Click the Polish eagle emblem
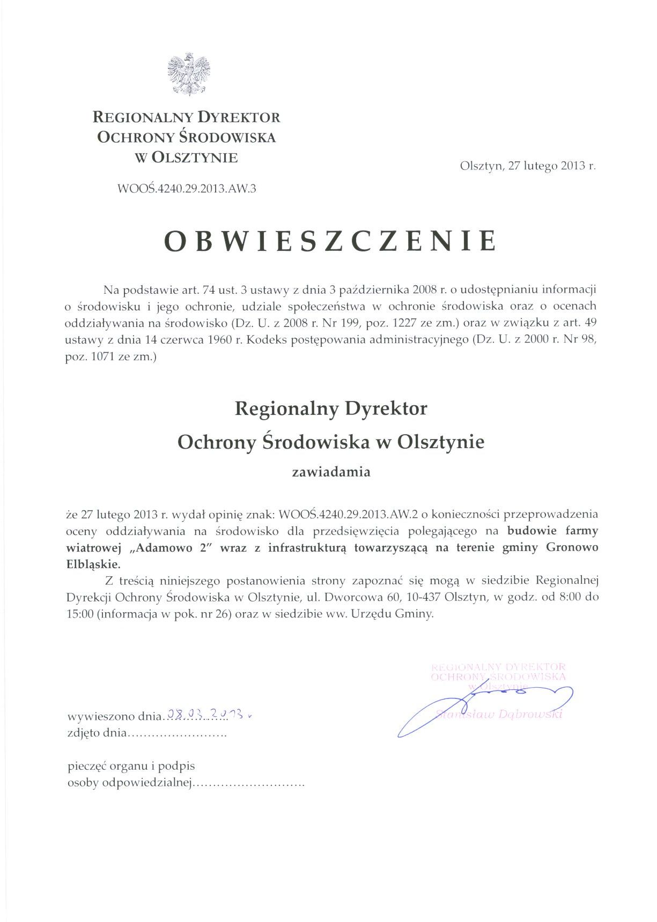(x=188, y=75)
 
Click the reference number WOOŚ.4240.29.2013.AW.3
(x=187, y=189)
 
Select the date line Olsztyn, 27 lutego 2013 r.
(x=528, y=166)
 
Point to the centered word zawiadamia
(x=331, y=472)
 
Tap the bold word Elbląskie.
(x=93, y=564)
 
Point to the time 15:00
(x=80, y=614)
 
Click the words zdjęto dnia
(x=97, y=733)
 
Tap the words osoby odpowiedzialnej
(x=129, y=783)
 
